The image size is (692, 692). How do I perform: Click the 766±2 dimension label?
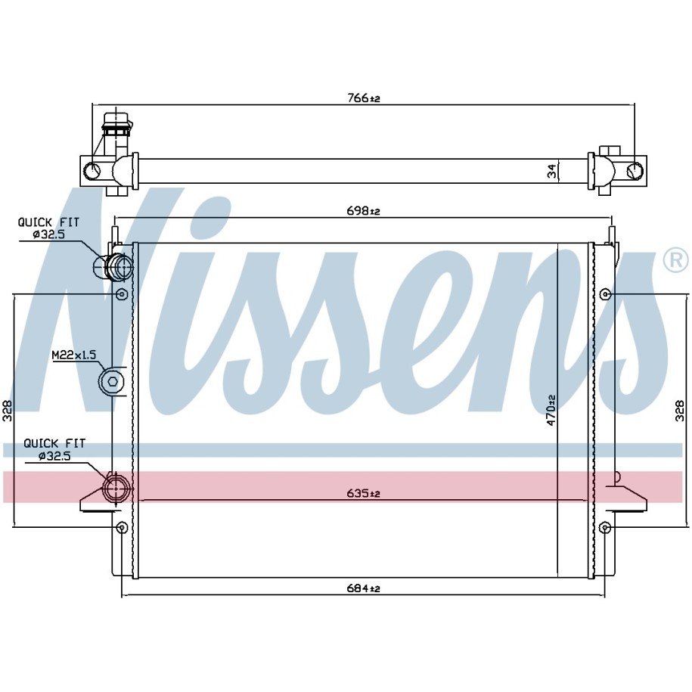click(364, 98)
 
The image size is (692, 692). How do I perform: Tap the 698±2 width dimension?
click(364, 211)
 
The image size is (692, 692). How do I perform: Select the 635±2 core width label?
click(364, 493)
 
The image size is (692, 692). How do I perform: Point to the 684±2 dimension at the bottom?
click(364, 588)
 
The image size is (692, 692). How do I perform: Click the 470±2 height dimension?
click(551, 410)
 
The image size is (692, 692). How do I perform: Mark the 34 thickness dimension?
click(552, 171)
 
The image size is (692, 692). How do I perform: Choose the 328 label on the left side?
click(8, 411)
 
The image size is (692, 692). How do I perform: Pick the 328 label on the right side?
click(680, 411)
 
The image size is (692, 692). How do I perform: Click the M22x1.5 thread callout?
click(74, 355)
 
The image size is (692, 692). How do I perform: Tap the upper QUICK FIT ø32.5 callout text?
click(48, 228)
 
